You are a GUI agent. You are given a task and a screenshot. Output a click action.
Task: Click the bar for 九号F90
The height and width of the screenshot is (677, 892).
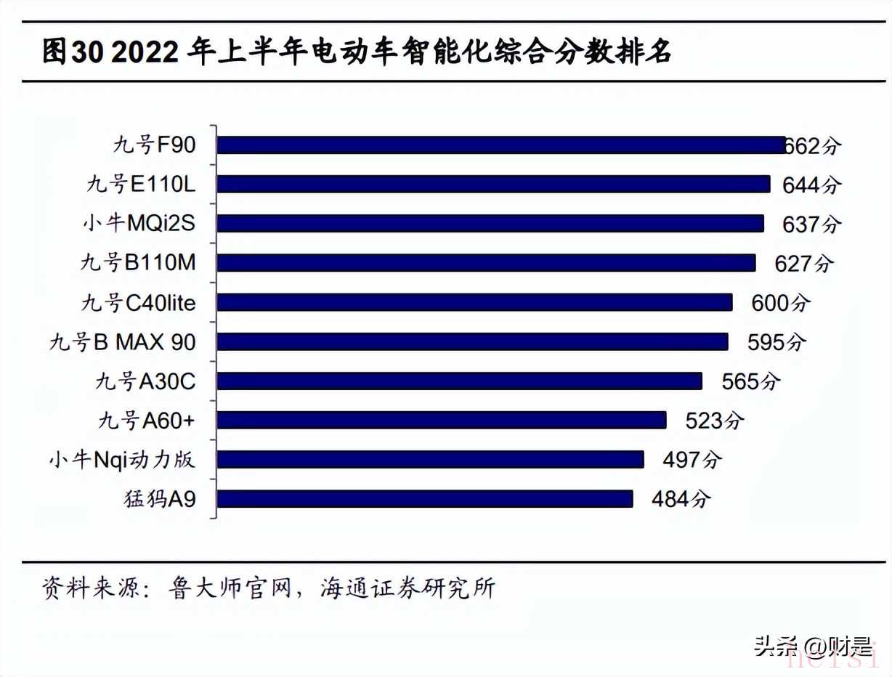[501, 145]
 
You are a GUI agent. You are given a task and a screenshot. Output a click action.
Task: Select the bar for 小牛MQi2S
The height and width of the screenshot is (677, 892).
[490, 224]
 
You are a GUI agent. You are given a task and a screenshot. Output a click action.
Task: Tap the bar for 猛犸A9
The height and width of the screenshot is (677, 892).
[425, 498]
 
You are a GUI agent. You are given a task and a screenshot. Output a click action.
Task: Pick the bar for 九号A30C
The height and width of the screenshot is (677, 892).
[460, 381]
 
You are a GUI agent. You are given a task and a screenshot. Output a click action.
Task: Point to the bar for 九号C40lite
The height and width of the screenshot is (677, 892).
[474, 302]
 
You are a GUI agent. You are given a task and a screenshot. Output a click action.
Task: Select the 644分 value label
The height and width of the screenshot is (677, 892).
[811, 185]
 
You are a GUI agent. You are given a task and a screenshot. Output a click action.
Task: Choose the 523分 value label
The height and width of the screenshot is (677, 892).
[715, 421]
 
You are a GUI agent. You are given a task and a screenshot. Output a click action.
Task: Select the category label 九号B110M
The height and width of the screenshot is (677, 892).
[138, 263]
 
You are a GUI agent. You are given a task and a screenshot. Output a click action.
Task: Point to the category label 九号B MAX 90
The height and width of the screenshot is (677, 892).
[123, 341]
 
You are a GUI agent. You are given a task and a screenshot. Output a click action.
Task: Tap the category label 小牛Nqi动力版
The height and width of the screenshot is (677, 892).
[123, 459]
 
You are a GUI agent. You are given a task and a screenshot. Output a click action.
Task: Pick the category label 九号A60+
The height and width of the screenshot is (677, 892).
[147, 420]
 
